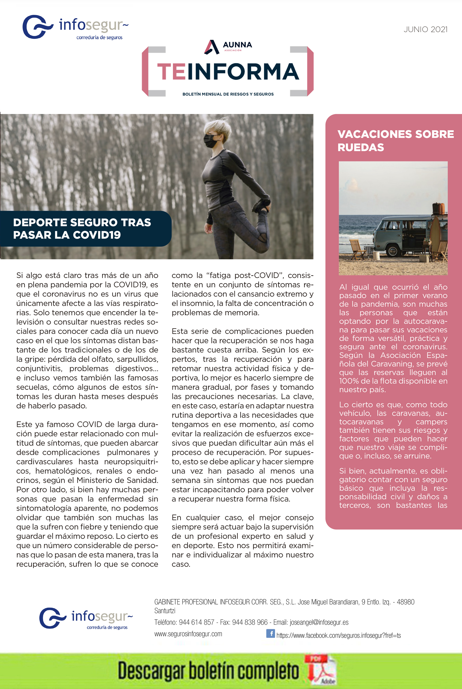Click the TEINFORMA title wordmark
[228, 72]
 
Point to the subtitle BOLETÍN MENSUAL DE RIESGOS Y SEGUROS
[228, 94]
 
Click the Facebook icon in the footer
[270, 633]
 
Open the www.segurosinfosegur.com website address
[188, 634]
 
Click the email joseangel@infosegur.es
[319, 622]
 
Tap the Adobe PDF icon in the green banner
[321, 670]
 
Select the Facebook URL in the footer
[338, 635]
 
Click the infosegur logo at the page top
[75, 27]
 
